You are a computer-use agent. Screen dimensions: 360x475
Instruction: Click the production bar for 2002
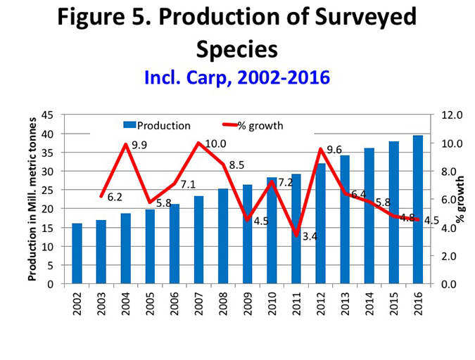pyautogui.click(x=77, y=254)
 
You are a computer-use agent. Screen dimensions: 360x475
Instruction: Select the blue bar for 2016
pyautogui.click(x=417, y=210)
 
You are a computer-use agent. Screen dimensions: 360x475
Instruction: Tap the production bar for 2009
pyautogui.click(x=247, y=235)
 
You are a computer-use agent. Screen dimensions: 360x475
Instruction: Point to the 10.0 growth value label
pyautogui.click(x=215, y=144)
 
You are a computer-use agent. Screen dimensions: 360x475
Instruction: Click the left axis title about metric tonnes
pyautogui.click(x=32, y=199)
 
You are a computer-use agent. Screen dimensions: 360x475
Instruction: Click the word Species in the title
pyautogui.click(x=237, y=49)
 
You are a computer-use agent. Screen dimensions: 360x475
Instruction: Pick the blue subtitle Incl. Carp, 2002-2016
pyautogui.click(x=236, y=77)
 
